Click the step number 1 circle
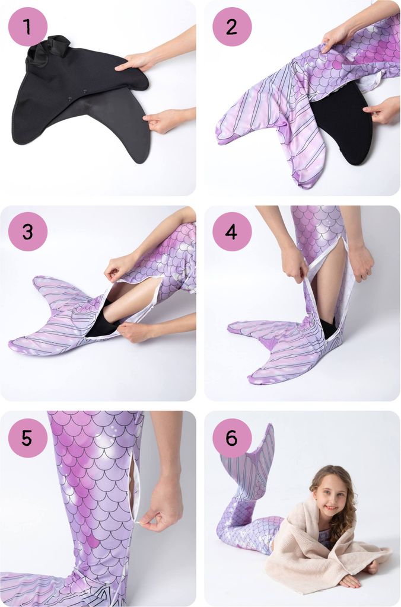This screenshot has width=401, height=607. (x=27, y=27)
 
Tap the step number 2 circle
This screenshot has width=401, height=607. (x=232, y=27)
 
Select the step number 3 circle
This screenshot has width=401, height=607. (x=27, y=232)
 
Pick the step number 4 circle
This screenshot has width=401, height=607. (x=232, y=232)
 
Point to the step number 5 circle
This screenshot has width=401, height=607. (x=27, y=437)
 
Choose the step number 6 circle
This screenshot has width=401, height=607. (x=232, y=437)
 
